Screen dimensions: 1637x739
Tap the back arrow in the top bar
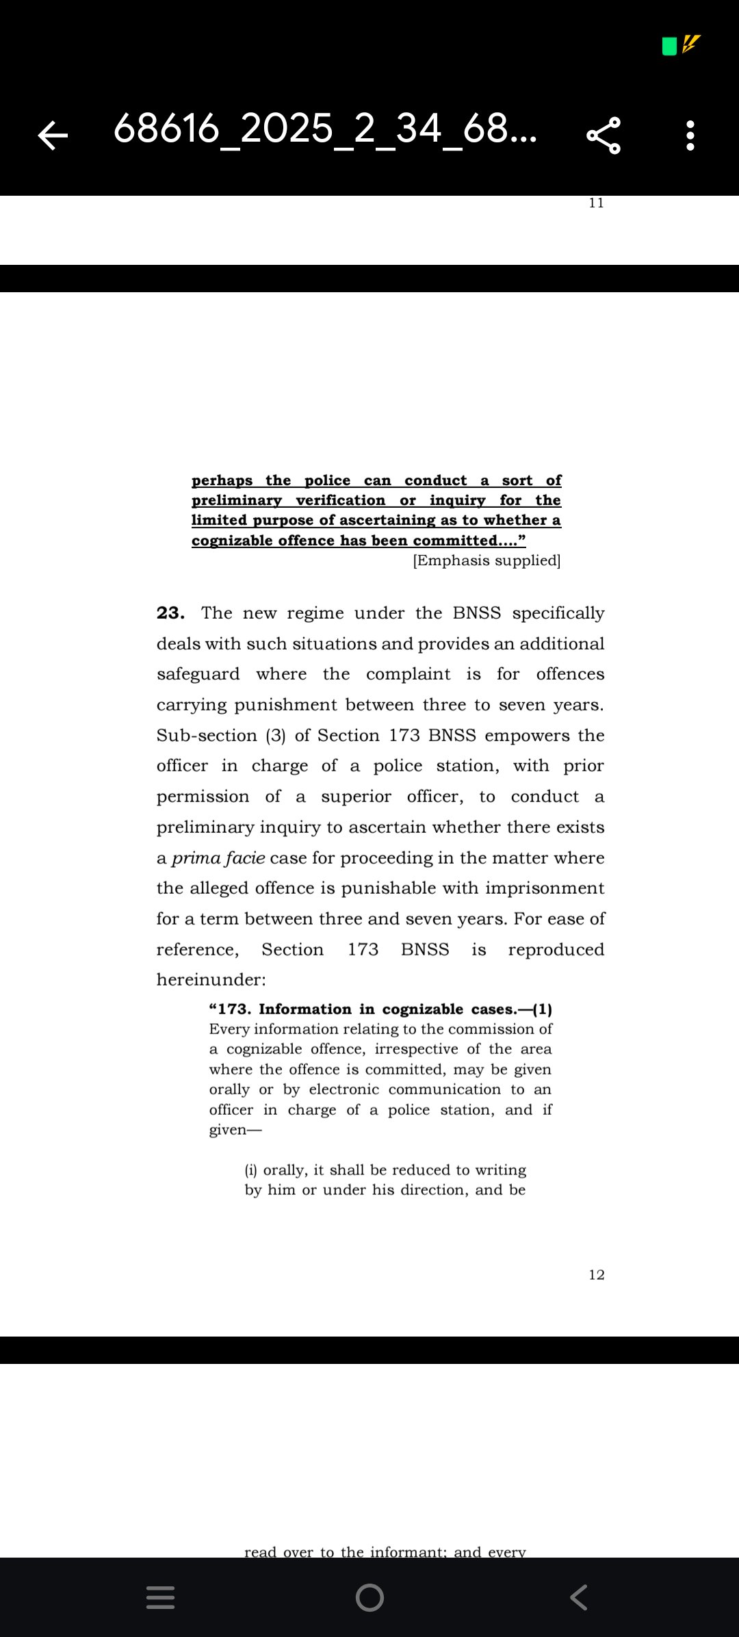(x=53, y=135)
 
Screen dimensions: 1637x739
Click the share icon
(x=604, y=135)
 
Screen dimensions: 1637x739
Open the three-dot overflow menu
(x=690, y=135)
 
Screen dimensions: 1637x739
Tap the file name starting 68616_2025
(x=325, y=129)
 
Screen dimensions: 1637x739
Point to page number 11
(x=596, y=203)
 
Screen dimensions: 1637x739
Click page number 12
(x=596, y=1275)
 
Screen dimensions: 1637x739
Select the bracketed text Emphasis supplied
(x=487, y=560)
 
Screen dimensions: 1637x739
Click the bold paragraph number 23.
(x=170, y=613)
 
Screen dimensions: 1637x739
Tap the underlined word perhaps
(x=222, y=480)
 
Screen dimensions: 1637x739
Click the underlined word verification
(x=340, y=500)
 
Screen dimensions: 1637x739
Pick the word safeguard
(x=198, y=674)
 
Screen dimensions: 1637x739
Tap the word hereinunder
(x=211, y=980)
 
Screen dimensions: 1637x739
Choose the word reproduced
(x=556, y=950)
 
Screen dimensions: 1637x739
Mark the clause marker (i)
(x=251, y=1170)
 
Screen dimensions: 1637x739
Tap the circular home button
(x=369, y=1597)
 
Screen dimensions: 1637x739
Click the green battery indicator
(x=669, y=47)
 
